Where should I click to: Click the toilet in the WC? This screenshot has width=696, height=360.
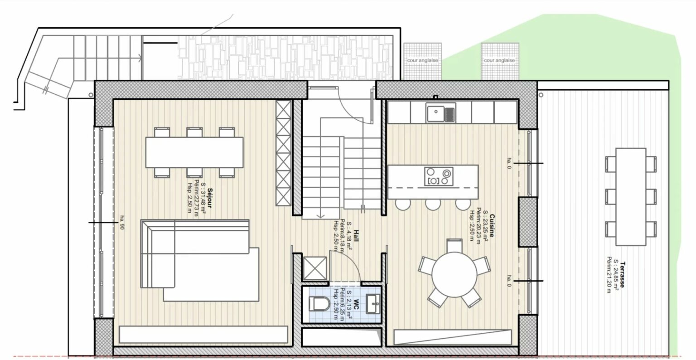coord(319,304)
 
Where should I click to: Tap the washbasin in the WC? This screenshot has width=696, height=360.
coord(373,304)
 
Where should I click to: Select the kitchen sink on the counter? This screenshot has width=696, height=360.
coord(441,113)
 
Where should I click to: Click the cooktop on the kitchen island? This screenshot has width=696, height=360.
coord(439,176)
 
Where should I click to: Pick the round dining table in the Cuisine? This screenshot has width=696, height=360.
coord(454,274)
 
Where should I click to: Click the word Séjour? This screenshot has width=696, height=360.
coord(210,198)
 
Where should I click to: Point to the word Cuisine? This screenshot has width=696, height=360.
coord(492,225)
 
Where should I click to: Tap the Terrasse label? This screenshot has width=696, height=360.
coord(622,274)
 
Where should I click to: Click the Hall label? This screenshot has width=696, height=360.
coord(356,236)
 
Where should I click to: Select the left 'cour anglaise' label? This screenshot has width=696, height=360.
coord(422,60)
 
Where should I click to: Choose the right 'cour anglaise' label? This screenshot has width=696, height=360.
coord(499,60)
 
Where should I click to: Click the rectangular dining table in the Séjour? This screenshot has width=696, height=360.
coord(194,152)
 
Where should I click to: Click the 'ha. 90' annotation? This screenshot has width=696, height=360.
coord(122,222)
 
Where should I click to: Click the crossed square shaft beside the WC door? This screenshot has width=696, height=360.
coord(315,268)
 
